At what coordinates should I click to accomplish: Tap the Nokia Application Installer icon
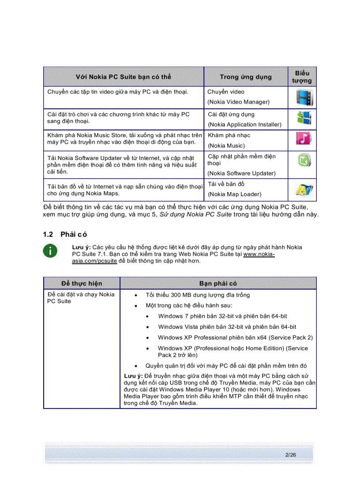304,118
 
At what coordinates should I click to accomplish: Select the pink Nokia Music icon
304,139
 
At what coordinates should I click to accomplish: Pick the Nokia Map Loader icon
304,190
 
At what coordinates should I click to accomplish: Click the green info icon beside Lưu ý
50,250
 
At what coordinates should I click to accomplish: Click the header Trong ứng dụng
246,77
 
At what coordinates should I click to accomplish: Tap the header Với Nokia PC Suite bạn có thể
123,77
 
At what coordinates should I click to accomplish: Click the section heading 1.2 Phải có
65,234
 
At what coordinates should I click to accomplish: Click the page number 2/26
290,454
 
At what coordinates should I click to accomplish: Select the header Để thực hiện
82,283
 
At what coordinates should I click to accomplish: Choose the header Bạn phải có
218,283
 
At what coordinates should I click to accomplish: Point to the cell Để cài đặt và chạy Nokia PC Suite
81,298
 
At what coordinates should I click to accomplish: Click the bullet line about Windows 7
222,316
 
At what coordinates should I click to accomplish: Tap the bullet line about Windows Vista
227,327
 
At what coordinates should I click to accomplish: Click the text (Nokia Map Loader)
235,194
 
